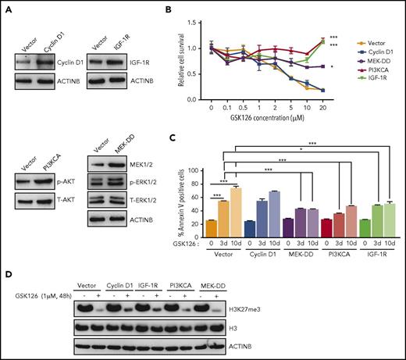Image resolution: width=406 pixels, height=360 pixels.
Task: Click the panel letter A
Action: click(x=6, y=6)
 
